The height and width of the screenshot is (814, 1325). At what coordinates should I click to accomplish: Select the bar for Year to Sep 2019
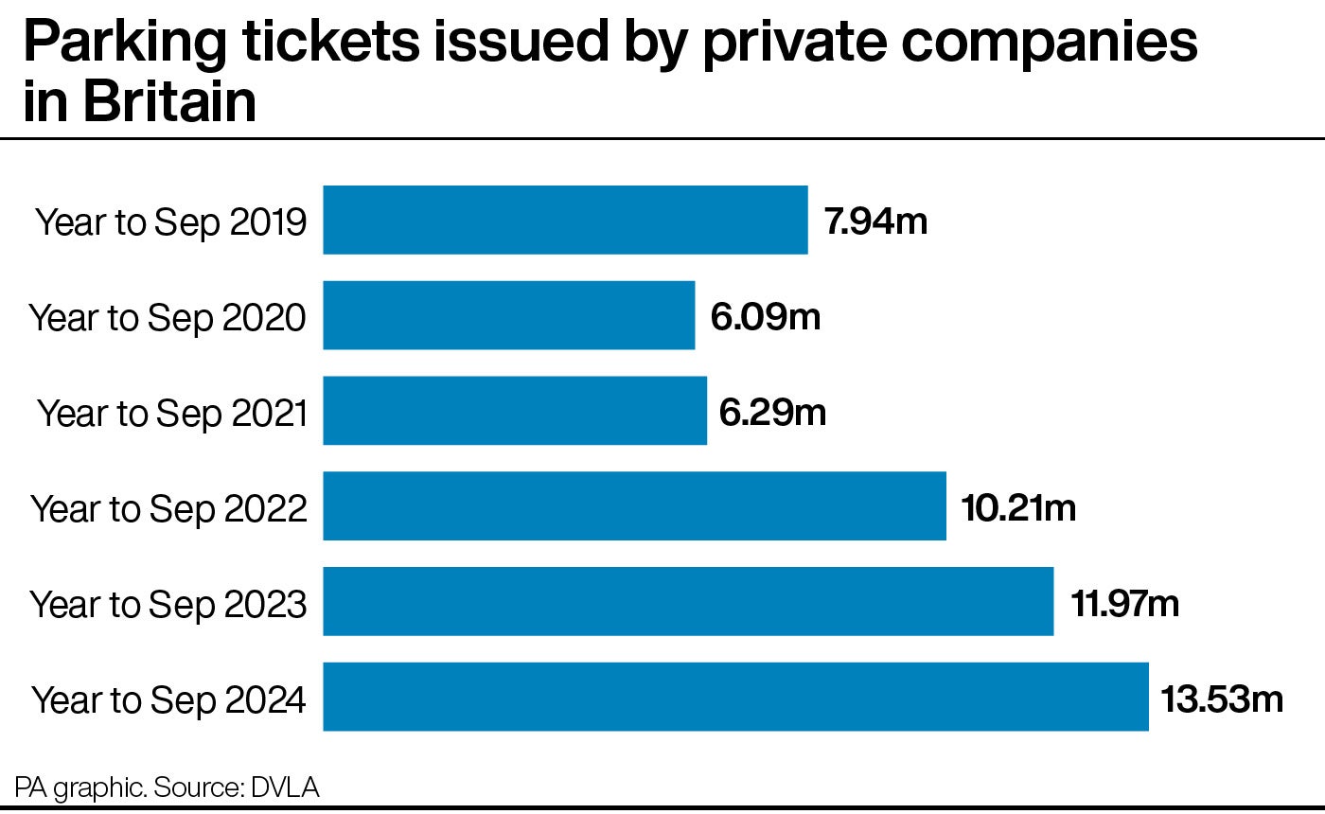[x=565, y=220]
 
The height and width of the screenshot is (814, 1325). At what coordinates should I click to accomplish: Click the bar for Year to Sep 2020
[x=509, y=315]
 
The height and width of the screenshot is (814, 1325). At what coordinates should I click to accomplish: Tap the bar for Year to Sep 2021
[x=515, y=411]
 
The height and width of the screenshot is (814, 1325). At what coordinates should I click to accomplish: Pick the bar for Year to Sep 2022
[x=634, y=506]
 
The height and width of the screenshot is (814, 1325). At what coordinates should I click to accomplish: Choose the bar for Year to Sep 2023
[x=688, y=602]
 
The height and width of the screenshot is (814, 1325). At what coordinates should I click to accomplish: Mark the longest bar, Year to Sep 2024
[x=735, y=698]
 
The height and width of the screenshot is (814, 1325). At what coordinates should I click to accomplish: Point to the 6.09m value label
[x=765, y=317]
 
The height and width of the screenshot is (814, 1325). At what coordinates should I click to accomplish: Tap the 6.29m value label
[x=772, y=413]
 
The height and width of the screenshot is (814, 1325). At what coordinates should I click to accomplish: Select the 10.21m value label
[x=1018, y=508]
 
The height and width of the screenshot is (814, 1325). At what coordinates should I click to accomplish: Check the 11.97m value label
[x=1125, y=604]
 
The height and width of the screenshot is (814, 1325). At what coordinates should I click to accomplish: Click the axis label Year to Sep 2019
[x=171, y=223]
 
